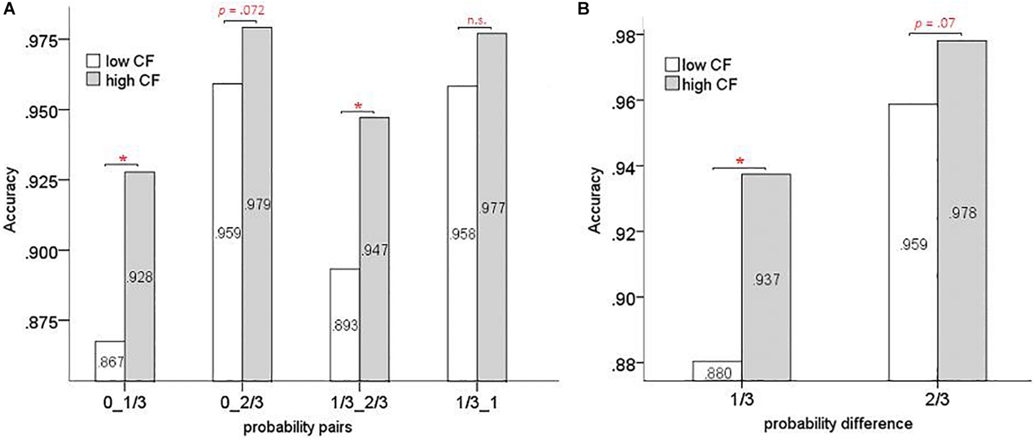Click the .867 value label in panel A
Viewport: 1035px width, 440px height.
[x=111, y=362]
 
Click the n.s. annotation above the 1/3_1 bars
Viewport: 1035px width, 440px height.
[x=476, y=21]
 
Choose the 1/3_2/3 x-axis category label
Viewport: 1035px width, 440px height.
[x=359, y=403]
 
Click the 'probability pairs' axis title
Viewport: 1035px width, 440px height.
[x=298, y=427]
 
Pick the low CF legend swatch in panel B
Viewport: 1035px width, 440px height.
[x=672, y=65]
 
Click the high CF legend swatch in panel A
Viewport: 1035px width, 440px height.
[x=93, y=80]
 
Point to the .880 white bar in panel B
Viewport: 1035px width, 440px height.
[x=717, y=371]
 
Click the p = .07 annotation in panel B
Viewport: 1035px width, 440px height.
[x=935, y=23]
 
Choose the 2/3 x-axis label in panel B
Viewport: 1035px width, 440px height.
[x=937, y=400]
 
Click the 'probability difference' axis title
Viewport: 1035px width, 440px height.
[x=838, y=424]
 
